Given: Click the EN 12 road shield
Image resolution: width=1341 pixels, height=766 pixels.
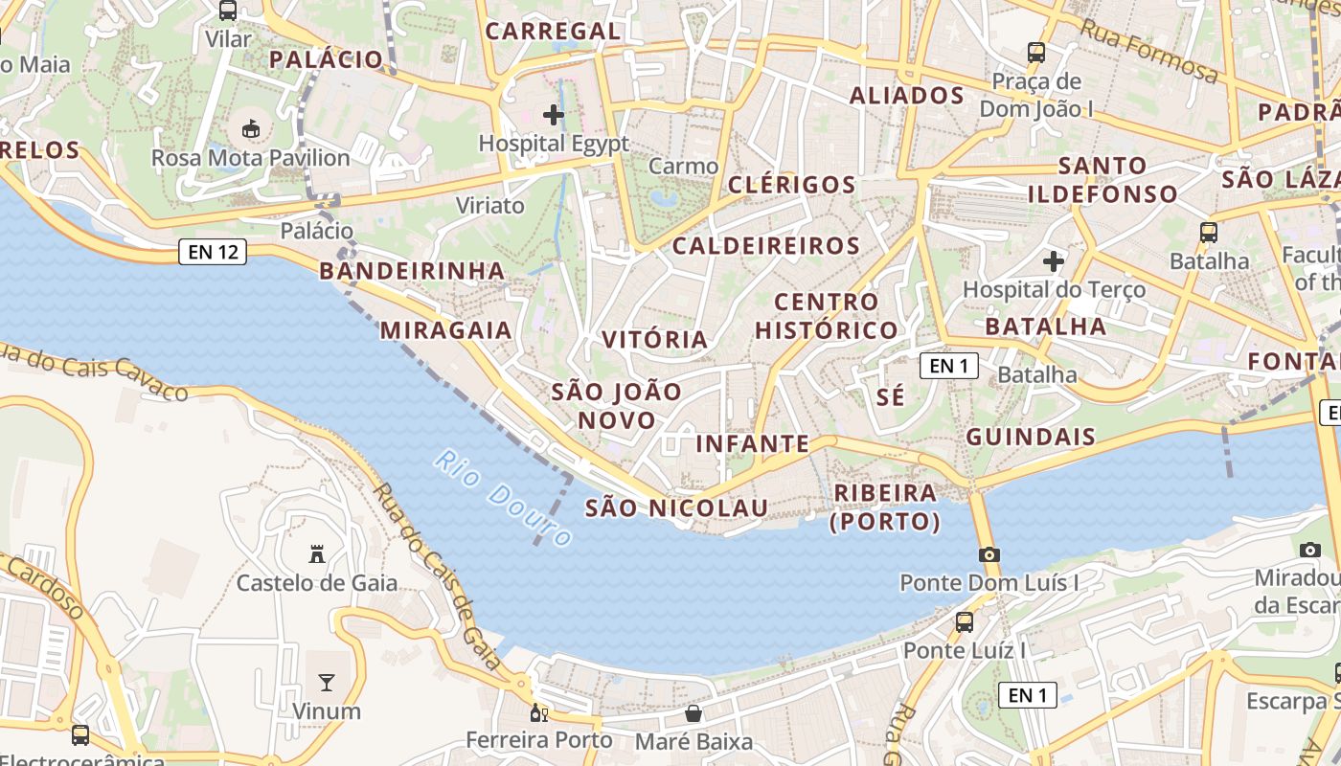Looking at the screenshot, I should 213,253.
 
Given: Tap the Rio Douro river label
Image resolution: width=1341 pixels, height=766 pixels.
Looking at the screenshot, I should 502,499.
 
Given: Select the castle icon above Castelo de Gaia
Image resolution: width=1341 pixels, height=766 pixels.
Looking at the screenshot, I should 317,553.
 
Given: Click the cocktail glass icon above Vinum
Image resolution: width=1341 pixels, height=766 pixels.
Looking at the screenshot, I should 327,683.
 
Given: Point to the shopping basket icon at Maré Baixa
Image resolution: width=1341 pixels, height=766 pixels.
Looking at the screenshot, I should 693,713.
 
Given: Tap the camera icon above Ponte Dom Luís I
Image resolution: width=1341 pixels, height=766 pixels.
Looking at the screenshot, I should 989,554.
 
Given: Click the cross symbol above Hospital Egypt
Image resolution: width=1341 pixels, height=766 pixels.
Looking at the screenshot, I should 554,115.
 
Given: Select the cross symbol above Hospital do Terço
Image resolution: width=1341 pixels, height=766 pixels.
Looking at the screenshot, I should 1054,260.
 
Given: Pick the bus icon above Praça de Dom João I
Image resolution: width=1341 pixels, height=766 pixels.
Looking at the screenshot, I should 1036,53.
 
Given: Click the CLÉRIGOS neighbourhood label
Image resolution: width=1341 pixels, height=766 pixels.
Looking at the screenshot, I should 791,185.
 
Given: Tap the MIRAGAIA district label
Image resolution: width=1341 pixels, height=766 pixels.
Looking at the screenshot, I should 446,330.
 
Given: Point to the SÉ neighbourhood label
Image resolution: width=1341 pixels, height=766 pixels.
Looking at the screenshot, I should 891,397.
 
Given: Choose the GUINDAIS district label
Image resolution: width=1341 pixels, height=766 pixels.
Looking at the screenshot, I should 1031,438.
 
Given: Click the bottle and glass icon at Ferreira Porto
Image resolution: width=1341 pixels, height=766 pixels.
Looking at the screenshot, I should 539,713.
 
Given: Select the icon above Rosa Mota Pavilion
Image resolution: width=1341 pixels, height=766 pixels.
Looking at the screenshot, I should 251,128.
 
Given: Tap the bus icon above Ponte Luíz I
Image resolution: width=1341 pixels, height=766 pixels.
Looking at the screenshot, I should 965,622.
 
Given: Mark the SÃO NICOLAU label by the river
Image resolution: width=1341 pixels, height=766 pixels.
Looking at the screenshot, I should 676,507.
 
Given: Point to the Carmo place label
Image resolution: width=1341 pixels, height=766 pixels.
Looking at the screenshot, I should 683,166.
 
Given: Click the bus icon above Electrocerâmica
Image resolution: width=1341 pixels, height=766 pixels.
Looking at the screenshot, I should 80,735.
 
